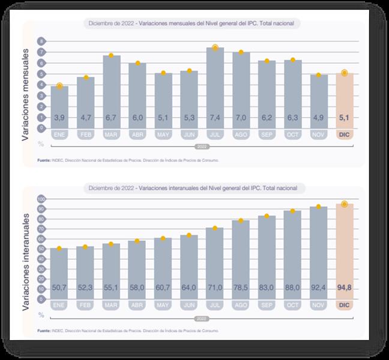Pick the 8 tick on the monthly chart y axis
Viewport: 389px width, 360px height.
pos(42,41)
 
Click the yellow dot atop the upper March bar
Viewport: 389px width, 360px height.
pos(111,56)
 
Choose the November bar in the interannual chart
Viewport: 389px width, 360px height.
pos(318,251)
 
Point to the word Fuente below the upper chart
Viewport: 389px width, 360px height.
pos(43,160)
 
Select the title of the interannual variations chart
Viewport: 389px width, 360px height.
pos(196,188)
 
